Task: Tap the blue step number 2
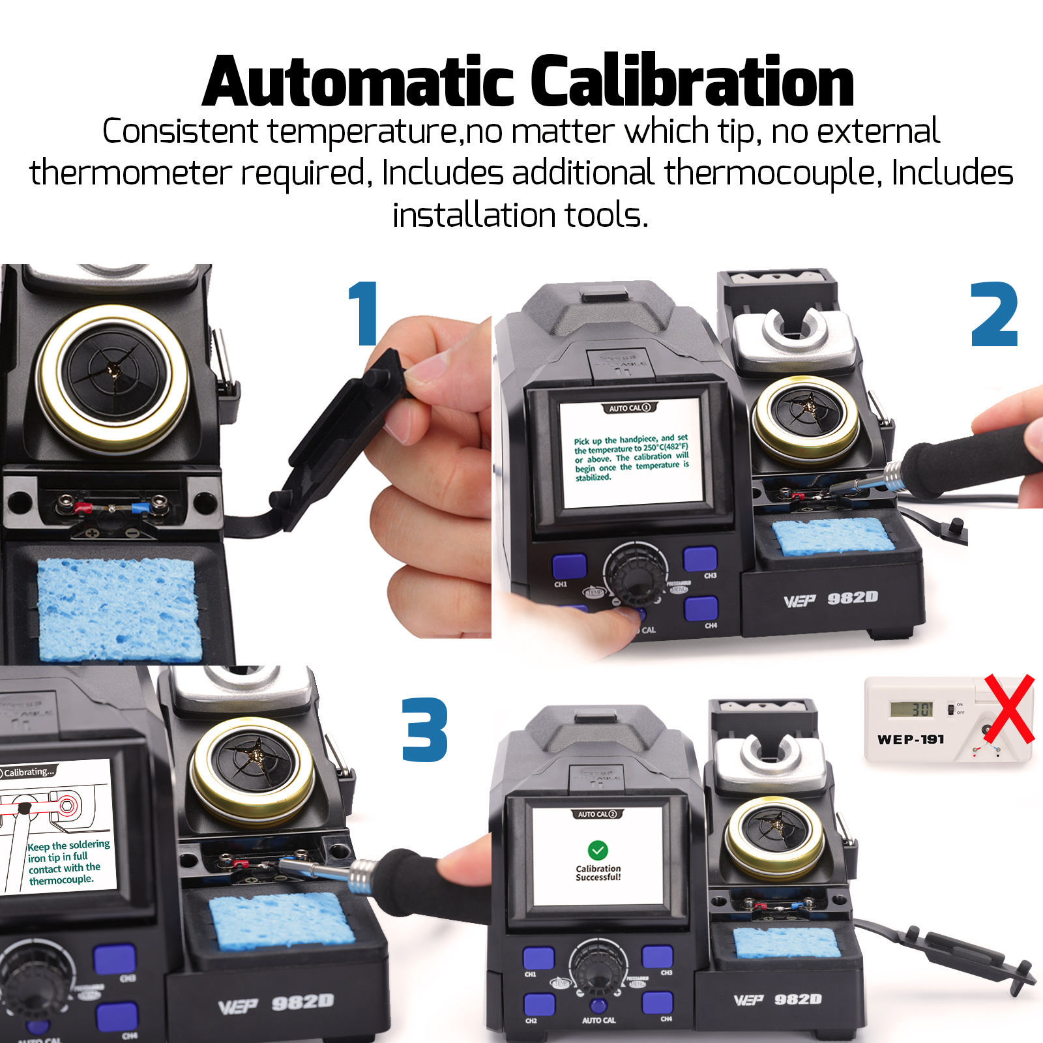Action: [993, 315]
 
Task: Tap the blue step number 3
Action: [424, 729]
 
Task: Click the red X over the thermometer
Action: [1009, 709]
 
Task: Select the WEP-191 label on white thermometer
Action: [911, 739]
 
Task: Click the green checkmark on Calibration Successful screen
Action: [598, 850]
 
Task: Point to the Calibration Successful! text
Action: [598, 873]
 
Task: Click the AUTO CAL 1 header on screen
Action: [629, 408]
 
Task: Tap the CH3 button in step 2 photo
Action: [700, 559]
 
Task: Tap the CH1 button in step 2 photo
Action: [569, 565]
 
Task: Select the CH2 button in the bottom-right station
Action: [539, 1004]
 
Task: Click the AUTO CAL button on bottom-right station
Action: [598, 1006]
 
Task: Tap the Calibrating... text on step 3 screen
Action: [29, 772]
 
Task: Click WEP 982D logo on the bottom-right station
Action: [778, 999]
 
